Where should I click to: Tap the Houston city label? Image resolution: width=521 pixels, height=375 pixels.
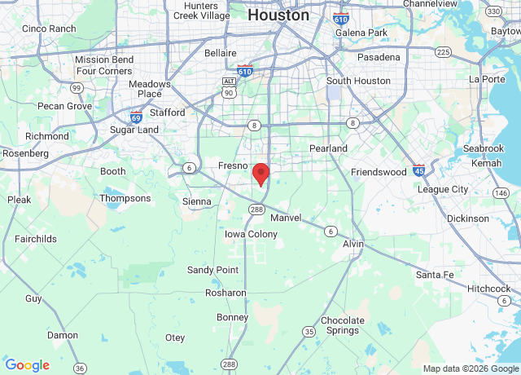(278, 15)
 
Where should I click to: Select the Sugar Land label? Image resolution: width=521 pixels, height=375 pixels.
(135, 130)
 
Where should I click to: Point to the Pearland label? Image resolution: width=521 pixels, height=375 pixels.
(328, 148)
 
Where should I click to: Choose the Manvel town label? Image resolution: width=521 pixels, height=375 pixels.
(285, 218)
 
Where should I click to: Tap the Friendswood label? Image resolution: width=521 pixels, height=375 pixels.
(379, 173)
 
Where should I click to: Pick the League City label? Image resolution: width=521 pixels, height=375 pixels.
(443, 189)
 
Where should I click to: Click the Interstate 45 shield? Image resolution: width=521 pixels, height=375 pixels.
(418, 170)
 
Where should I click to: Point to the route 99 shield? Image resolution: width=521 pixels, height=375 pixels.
(76, 87)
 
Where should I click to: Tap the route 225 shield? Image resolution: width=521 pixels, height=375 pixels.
(443, 51)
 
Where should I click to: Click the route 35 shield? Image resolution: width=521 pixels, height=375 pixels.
(309, 331)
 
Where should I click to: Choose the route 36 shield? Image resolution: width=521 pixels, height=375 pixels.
(79, 368)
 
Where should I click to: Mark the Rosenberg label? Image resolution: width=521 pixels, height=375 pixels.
(25, 153)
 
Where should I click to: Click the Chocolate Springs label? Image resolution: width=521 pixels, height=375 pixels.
(343, 325)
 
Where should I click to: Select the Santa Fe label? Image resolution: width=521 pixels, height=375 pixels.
(434, 275)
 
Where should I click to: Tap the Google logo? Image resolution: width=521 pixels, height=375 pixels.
(27, 365)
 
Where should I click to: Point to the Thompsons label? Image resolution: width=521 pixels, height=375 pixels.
(125, 198)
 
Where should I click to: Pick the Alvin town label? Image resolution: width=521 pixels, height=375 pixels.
(353, 245)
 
